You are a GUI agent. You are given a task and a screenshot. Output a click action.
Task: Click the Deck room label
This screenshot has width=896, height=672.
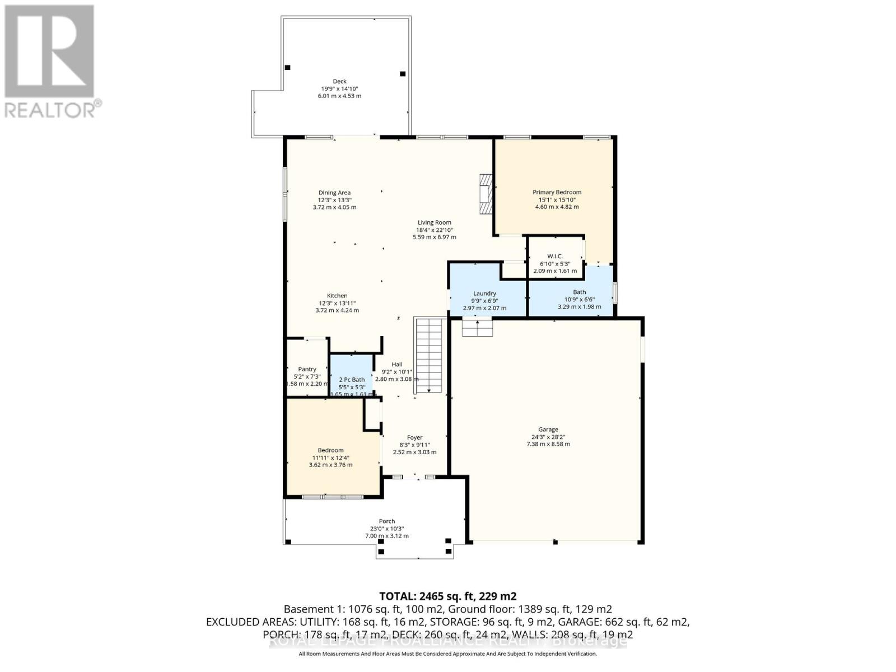tap(339, 82)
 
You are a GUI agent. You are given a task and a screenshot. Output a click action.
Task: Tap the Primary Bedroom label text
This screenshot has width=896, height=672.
tap(557, 192)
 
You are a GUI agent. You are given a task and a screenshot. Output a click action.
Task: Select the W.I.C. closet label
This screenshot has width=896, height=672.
tap(555, 256)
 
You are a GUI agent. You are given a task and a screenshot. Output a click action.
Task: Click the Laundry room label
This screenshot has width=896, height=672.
tap(484, 293)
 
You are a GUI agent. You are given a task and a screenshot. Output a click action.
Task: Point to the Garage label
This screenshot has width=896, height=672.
tap(548, 430)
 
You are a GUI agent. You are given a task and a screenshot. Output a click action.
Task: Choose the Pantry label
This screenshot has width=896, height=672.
tap(307, 369)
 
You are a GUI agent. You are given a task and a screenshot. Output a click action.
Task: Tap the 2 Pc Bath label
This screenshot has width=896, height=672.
tap(352, 380)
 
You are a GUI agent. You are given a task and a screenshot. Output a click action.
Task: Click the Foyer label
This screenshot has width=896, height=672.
tap(414, 437)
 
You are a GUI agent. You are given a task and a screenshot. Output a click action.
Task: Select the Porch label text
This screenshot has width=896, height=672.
tap(386, 521)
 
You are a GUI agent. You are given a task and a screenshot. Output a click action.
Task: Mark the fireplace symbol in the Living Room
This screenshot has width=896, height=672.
tap(486, 194)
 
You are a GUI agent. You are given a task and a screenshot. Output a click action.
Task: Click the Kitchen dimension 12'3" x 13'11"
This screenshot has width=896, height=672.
tap(337, 303)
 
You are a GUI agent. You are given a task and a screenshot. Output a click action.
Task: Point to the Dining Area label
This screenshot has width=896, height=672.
tap(334, 193)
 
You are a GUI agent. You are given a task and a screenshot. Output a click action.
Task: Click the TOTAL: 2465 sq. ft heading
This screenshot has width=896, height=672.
tap(447, 596)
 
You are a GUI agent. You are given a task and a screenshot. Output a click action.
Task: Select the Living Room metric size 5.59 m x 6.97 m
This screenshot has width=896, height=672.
tap(434, 237)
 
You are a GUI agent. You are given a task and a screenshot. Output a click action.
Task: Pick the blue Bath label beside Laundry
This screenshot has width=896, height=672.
tap(579, 292)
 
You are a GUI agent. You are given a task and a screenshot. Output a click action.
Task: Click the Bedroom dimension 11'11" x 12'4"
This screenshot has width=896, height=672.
tap(330, 458)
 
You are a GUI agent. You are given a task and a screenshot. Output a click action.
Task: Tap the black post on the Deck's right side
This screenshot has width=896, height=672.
tap(402, 74)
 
